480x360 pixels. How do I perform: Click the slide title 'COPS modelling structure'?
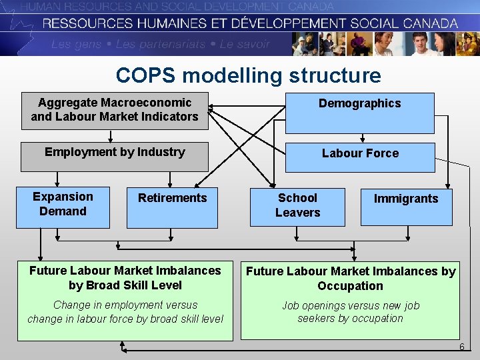pyautogui.click(x=248, y=75)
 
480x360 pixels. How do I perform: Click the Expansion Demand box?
pyautogui.click(x=63, y=208)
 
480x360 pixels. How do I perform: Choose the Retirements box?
pyautogui.click(x=172, y=208)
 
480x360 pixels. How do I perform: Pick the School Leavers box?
pyautogui.click(x=298, y=207)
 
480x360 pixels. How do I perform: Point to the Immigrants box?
pyautogui.click(x=406, y=207)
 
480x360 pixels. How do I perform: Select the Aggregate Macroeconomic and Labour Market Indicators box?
pyautogui.click(x=115, y=110)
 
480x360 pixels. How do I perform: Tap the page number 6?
pyautogui.click(x=461, y=347)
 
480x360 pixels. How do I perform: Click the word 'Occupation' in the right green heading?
pyautogui.click(x=350, y=286)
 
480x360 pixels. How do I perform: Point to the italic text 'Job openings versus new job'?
pyautogui.click(x=351, y=305)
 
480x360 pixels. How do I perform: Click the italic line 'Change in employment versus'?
pyautogui.click(x=125, y=305)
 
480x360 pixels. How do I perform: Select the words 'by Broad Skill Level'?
pyautogui.click(x=125, y=285)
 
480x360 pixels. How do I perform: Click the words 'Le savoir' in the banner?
pyautogui.click(x=245, y=45)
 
